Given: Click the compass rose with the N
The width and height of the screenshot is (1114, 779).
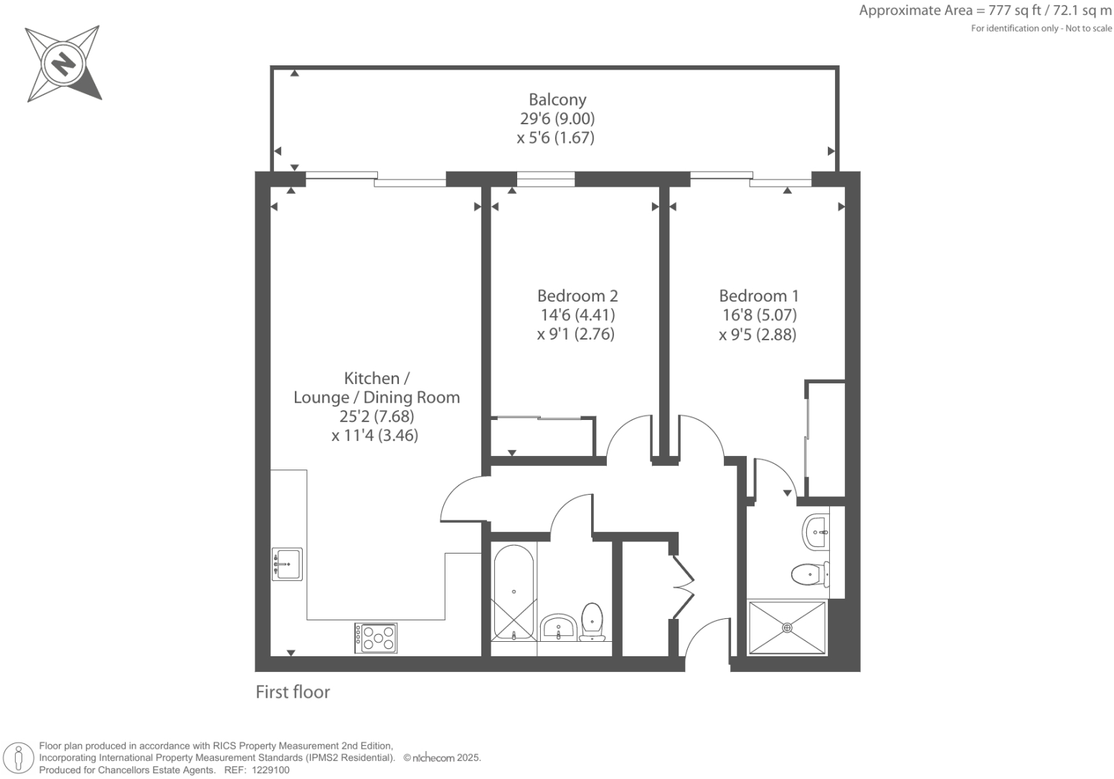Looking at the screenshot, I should pyautogui.click(x=63, y=64).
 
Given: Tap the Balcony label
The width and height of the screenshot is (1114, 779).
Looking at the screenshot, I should pyautogui.click(x=557, y=100).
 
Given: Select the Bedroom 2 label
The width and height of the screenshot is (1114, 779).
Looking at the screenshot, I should pyautogui.click(x=577, y=296).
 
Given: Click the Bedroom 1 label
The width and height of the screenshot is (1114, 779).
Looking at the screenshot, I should pyautogui.click(x=758, y=296).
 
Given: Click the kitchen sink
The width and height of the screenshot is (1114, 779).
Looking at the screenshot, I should pyautogui.click(x=287, y=564).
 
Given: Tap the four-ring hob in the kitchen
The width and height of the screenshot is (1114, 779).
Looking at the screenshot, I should pyautogui.click(x=376, y=638).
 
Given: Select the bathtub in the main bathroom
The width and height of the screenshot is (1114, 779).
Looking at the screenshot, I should pyautogui.click(x=514, y=593).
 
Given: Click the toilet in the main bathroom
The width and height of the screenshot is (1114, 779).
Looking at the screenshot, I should pyautogui.click(x=592, y=622).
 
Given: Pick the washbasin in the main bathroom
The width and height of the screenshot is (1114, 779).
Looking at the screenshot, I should pyautogui.click(x=558, y=628).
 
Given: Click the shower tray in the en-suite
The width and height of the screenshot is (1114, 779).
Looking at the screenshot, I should pyautogui.click(x=787, y=628).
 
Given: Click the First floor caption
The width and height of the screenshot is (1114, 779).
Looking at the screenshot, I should pyautogui.click(x=293, y=692).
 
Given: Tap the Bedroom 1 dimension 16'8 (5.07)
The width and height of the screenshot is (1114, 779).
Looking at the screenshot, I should pyautogui.click(x=759, y=315).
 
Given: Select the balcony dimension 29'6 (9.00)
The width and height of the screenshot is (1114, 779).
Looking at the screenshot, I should pyautogui.click(x=557, y=118).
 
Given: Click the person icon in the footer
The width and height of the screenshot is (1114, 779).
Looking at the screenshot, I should pyautogui.click(x=19, y=758).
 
